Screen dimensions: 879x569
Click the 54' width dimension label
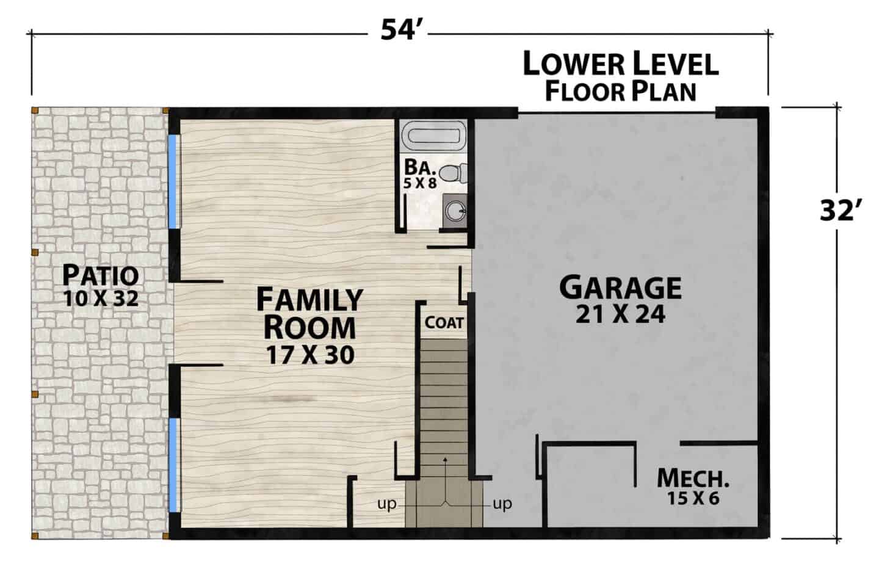tap(397, 30)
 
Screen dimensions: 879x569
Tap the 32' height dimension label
tap(837, 211)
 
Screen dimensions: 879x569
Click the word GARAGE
tap(620, 288)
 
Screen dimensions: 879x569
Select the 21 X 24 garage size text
tap(620, 314)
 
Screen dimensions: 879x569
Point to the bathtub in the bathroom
tap(433, 136)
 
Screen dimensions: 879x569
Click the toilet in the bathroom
tap(453, 173)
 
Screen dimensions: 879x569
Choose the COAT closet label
tap(444, 322)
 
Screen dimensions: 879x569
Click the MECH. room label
tap(693, 479)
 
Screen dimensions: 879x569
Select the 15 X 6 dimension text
tap(693, 498)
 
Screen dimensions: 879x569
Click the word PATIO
tap(101, 275)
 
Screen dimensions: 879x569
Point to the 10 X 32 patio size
tap(101, 299)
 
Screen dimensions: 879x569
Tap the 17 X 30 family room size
tap(310, 355)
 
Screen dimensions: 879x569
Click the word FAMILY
tap(309, 300)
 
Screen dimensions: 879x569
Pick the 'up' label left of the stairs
tap(387, 504)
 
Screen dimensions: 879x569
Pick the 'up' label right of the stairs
tap(503, 504)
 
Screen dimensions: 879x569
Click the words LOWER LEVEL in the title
tap(621, 64)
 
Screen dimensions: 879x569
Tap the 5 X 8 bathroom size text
tap(420, 183)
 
